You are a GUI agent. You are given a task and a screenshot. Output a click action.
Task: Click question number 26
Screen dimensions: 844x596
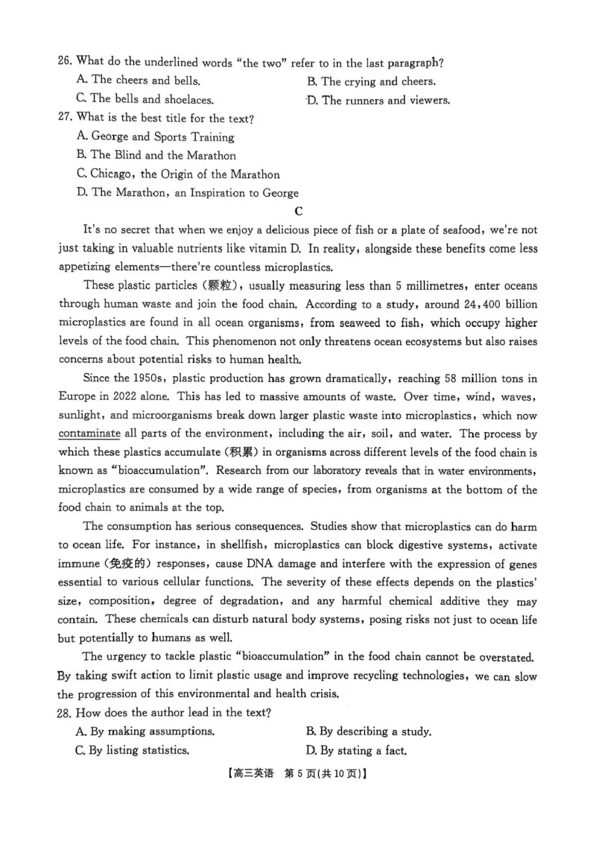coord(65,62)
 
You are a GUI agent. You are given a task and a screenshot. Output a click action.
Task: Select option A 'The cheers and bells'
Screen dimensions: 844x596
coord(138,80)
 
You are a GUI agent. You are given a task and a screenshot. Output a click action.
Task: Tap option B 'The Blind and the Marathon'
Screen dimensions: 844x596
coord(156,156)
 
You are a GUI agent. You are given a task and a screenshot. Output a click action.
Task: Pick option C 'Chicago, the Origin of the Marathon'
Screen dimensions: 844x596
coord(178,174)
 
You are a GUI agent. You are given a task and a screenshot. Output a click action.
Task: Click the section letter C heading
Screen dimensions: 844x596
coord(299,212)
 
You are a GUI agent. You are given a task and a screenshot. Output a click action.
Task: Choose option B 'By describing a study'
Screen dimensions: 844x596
coord(369,731)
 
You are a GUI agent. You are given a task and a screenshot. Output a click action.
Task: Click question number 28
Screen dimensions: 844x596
coord(65,712)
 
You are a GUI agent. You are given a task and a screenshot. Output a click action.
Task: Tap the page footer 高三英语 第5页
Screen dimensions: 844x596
coord(297,774)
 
